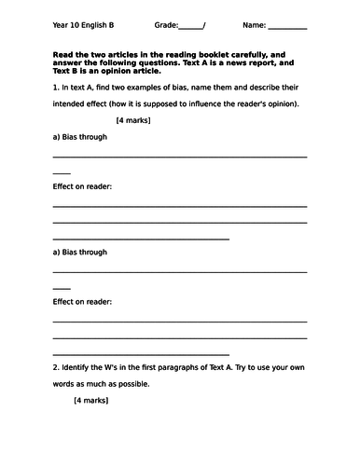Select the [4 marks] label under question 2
pyautogui.click(x=90, y=401)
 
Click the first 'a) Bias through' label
pyautogui.click(x=80, y=137)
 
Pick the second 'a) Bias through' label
pyautogui.click(x=80, y=252)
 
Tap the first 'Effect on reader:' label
pyautogui.click(x=83, y=186)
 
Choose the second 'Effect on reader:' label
pyautogui.click(x=83, y=301)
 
